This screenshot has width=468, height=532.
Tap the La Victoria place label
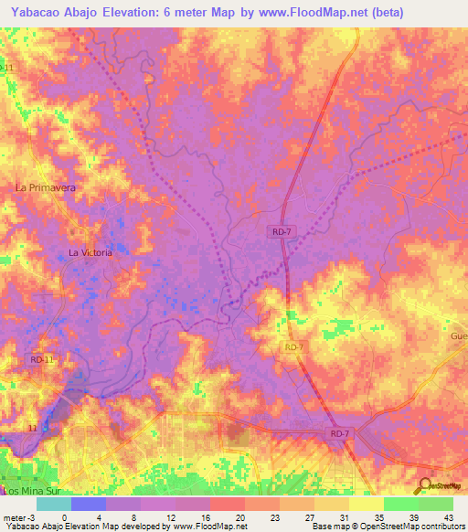90,252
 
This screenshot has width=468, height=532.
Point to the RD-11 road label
42,360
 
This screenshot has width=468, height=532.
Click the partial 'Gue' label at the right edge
458,336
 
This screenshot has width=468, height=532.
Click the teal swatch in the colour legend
54,504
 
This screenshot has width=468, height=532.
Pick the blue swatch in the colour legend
89,504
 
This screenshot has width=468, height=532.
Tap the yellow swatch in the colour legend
367,504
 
